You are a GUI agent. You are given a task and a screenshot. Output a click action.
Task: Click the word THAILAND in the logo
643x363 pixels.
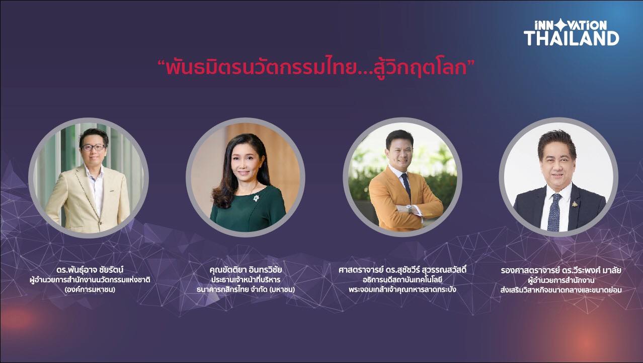(x=571, y=38)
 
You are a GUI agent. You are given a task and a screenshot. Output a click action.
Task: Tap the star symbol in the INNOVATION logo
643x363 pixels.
(x=560, y=25)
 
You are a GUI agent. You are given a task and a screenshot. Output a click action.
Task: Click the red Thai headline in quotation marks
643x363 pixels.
(x=316, y=68)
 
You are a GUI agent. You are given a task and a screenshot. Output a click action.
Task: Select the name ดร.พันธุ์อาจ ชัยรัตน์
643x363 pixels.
(x=90, y=270)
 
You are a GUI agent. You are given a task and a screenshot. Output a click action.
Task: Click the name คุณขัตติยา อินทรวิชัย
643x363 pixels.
(x=246, y=270)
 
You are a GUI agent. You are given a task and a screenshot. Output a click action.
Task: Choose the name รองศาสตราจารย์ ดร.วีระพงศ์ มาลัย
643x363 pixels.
(x=561, y=271)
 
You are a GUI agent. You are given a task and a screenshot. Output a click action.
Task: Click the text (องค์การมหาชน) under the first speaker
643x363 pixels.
(x=90, y=289)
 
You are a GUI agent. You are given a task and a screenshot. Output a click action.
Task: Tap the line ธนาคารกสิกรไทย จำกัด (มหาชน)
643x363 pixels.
(x=246, y=289)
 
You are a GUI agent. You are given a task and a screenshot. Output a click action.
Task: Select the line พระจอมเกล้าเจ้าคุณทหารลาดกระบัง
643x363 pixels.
(x=403, y=289)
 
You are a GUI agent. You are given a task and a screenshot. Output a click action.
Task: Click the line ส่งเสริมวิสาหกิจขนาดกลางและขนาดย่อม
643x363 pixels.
(x=561, y=290)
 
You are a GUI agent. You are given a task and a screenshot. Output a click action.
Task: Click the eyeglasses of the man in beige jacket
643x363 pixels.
(x=93, y=148)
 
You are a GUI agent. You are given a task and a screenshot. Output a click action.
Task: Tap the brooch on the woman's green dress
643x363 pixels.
(x=256, y=198)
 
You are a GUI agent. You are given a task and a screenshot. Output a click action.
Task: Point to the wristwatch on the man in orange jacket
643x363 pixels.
(x=410, y=209)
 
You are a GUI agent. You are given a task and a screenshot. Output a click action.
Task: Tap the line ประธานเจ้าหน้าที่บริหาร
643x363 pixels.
(x=246, y=280)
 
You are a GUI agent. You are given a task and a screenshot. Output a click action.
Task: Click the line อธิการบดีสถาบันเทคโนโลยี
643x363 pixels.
(x=403, y=280)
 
